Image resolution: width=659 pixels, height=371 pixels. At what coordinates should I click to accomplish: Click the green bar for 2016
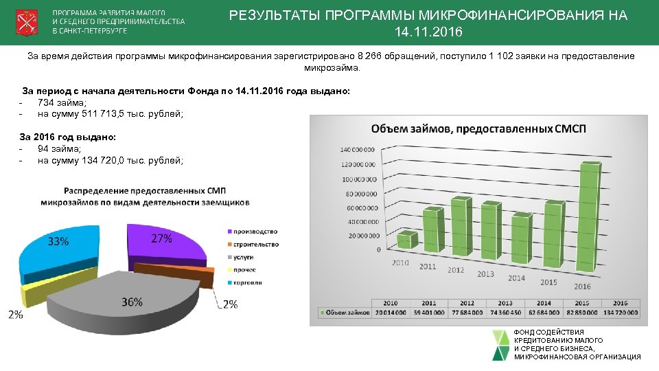click(x=585, y=220)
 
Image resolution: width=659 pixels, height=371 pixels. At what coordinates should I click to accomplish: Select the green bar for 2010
click(x=406, y=240)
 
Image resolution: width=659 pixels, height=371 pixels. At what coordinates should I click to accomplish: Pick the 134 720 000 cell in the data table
click(x=620, y=313)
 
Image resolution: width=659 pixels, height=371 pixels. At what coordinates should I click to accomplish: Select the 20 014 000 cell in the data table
click(x=390, y=313)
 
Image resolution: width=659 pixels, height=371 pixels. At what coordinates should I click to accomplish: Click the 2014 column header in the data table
click(x=544, y=303)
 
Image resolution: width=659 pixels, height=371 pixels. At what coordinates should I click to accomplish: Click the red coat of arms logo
click(x=27, y=23)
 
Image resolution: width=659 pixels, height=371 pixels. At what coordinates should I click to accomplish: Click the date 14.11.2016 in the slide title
click(x=429, y=33)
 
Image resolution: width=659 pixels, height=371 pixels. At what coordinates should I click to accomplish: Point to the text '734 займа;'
click(x=62, y=102)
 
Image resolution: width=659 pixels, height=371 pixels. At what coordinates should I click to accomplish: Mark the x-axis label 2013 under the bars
click(x=485, y=274)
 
